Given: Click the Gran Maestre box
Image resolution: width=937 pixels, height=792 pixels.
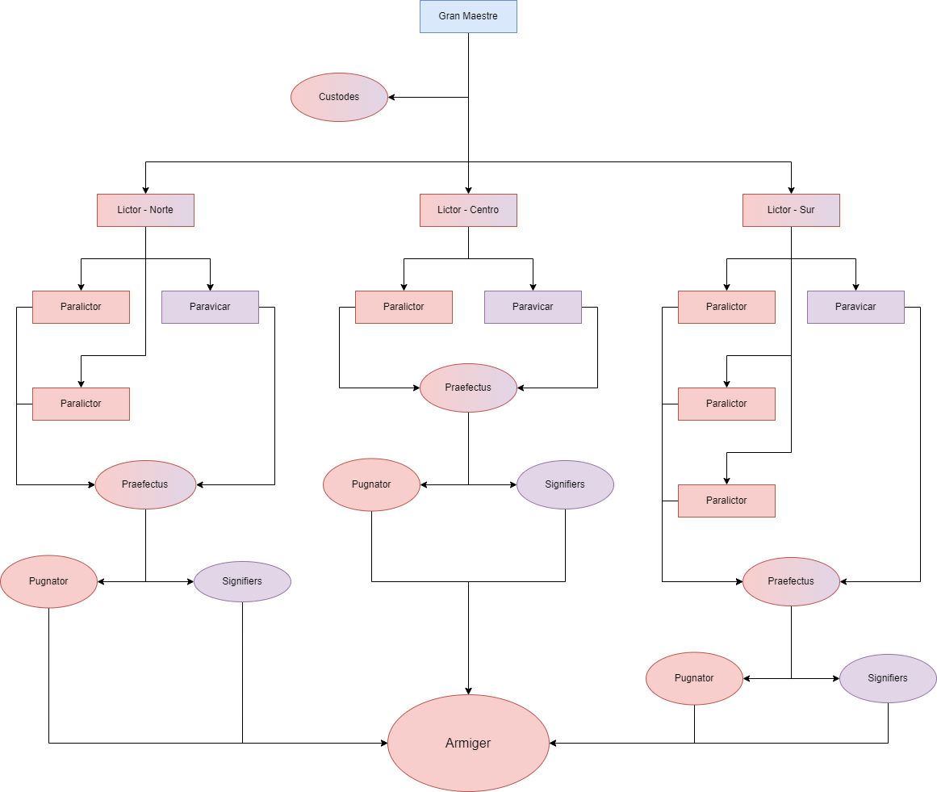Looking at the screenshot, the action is click(468, 16).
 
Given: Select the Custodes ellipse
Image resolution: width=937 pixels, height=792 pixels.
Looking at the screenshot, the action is click(339, 97).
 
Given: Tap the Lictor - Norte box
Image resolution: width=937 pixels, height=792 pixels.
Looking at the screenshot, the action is click(145, 210).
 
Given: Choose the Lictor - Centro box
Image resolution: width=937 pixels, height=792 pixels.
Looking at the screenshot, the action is click(468, 210).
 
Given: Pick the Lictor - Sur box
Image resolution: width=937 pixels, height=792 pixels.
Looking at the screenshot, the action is click(791, 210).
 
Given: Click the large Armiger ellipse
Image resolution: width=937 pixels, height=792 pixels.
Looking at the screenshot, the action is click(468, 743).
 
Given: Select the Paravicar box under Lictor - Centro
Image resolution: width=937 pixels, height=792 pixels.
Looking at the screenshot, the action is click(533, 307).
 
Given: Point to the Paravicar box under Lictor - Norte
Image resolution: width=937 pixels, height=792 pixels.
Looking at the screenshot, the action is click(210, 307).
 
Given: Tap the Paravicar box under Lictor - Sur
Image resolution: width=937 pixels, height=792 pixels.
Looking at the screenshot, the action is click(855, 307).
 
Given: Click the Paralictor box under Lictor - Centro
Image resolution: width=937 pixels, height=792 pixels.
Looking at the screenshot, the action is click(404, 307).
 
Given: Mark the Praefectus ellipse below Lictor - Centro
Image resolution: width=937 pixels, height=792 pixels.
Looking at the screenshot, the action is click(468, 388).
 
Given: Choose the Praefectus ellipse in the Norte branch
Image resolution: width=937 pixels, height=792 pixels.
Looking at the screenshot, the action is click(145, 484).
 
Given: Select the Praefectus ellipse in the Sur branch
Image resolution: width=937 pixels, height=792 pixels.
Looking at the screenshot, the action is click(791, 581).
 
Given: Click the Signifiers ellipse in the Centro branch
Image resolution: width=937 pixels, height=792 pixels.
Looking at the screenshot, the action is click(565, 484).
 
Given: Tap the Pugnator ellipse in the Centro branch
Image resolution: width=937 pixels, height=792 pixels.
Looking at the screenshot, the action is click(371, 484).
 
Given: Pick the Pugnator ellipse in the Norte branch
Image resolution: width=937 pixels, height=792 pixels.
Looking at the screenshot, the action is click(48, 581).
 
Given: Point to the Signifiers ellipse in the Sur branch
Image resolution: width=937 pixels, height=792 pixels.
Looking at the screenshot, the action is click(888, 678).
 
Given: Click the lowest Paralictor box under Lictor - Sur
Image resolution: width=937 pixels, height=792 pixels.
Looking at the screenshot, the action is click(726, 501).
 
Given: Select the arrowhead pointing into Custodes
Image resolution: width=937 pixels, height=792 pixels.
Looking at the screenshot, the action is click(391, 97).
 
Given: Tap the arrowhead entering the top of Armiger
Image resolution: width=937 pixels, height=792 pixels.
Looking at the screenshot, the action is click(468, 691).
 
